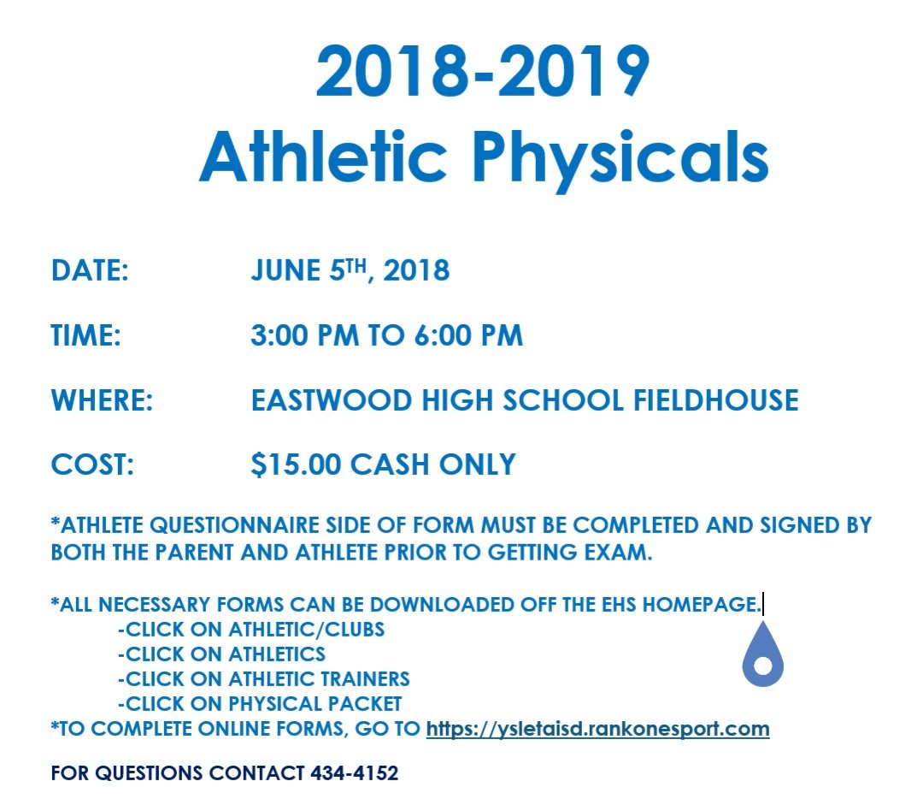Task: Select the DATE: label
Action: click(x=90, y=271)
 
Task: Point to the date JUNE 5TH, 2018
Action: click(x=350, y=271)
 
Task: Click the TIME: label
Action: click(x=86, y=335)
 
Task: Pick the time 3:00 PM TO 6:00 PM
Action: click(x=386, y=335)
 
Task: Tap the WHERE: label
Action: click(x=102, y=400)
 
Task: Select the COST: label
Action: click(x=93, y=465)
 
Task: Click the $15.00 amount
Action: click(x=296, y=465)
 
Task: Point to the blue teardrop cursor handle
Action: click(x=763, y=660)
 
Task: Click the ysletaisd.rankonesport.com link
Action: click(x=597, y=729)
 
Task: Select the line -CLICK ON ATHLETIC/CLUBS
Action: click(x=251, y=630)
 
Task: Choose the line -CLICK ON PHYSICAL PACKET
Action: click(x=260, y=704)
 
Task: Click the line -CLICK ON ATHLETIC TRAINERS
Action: click(x=264, y=679)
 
